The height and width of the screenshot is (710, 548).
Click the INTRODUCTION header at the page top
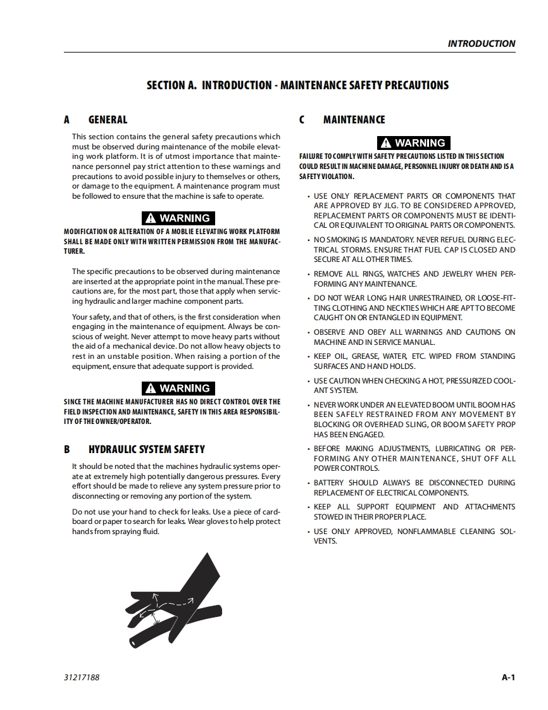pyautogui.click(x=481, y=44)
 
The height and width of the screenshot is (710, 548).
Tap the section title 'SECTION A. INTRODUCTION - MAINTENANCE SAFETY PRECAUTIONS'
pyautogui.click(x=297, y=85)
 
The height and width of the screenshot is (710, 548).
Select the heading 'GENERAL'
pyautogui.click(x=108, y=120)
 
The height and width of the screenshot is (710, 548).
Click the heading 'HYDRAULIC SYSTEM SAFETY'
pyautogui.click(x=146, y=449)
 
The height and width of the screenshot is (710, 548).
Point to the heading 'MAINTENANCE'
pyautogui.click(x=354, y=120)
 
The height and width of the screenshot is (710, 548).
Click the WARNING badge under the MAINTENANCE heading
pyautogui.click(x=413, y=143)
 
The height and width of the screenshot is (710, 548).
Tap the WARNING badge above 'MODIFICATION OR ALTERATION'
pyautogui.click(x=178, y=218)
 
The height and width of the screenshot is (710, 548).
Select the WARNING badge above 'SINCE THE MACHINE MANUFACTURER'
pyautogui.click(x=178, y=389)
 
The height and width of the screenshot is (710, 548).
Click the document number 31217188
pyautogui.click(x=82, y=678)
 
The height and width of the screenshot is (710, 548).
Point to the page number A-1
pyautogui.click(x=508, y=678)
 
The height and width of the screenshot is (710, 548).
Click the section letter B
pyautogui.click(x=67, y=449)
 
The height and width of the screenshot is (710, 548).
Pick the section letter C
pyautogui.click(x=302, y=120)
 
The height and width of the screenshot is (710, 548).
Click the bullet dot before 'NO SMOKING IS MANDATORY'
pyautogui.click(x=308, y=240)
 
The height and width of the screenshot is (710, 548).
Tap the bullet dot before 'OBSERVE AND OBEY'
pyautogui.click(x=308, y=332)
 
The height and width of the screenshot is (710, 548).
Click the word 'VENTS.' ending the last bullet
pyautogui.click(x=325, y=541)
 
